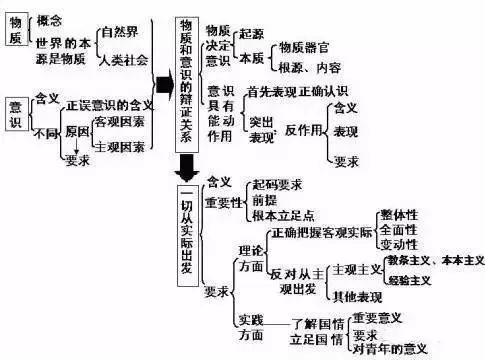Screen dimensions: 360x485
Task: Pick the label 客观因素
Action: pyautogui.click(x=118, y=121)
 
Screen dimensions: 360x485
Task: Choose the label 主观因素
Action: pyautogui.click(x=118, y=147)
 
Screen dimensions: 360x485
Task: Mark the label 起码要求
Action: pyautogui.click(x=274, y=186)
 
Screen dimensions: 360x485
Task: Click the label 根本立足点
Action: pyautogui.click(x=284, y=216)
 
